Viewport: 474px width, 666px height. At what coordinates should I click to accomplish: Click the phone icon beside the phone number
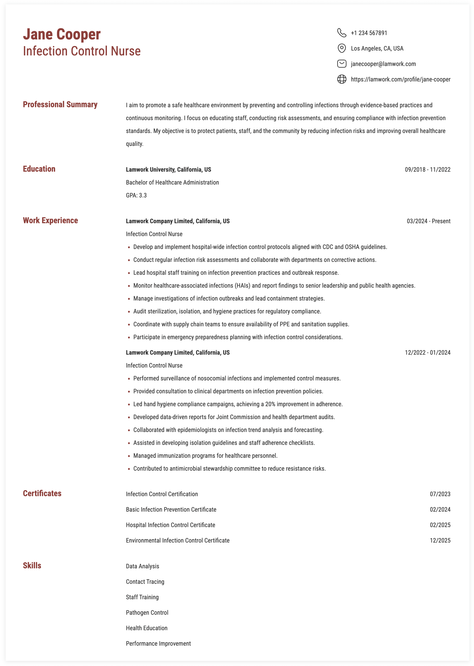pos(342,33)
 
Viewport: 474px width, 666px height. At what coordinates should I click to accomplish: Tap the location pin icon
pos(342,48)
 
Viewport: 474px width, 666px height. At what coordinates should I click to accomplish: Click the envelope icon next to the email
pos(342,64)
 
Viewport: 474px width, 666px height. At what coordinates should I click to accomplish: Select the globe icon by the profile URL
pos(342,79)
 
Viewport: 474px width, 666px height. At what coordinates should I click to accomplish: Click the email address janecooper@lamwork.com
pos(383,64)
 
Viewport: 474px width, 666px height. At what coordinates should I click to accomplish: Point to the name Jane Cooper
pos(62,35)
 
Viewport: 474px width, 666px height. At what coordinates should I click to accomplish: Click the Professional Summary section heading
pos(60,105)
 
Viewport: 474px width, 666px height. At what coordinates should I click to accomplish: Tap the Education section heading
pos(39,169)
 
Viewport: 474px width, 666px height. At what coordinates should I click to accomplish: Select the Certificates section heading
pos(42,493)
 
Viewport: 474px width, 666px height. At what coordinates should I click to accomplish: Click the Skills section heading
pos(32,565)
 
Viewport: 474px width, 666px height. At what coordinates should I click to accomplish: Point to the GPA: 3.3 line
pos(136,195)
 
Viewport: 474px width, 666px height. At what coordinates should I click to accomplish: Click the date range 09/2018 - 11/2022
pos(427,170)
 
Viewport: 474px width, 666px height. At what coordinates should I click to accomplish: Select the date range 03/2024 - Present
pos(428,221)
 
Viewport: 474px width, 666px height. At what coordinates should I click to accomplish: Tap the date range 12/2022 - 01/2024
pos(427,353)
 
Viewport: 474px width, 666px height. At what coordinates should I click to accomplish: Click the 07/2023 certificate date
pos(440,494)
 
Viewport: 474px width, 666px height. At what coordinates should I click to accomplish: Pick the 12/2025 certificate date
pos(440,540)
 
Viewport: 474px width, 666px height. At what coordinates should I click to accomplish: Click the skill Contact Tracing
pos(145,582)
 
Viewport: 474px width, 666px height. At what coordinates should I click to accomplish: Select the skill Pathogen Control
pos(147,613)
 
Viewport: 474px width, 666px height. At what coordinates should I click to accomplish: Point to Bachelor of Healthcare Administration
pos(172,182)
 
